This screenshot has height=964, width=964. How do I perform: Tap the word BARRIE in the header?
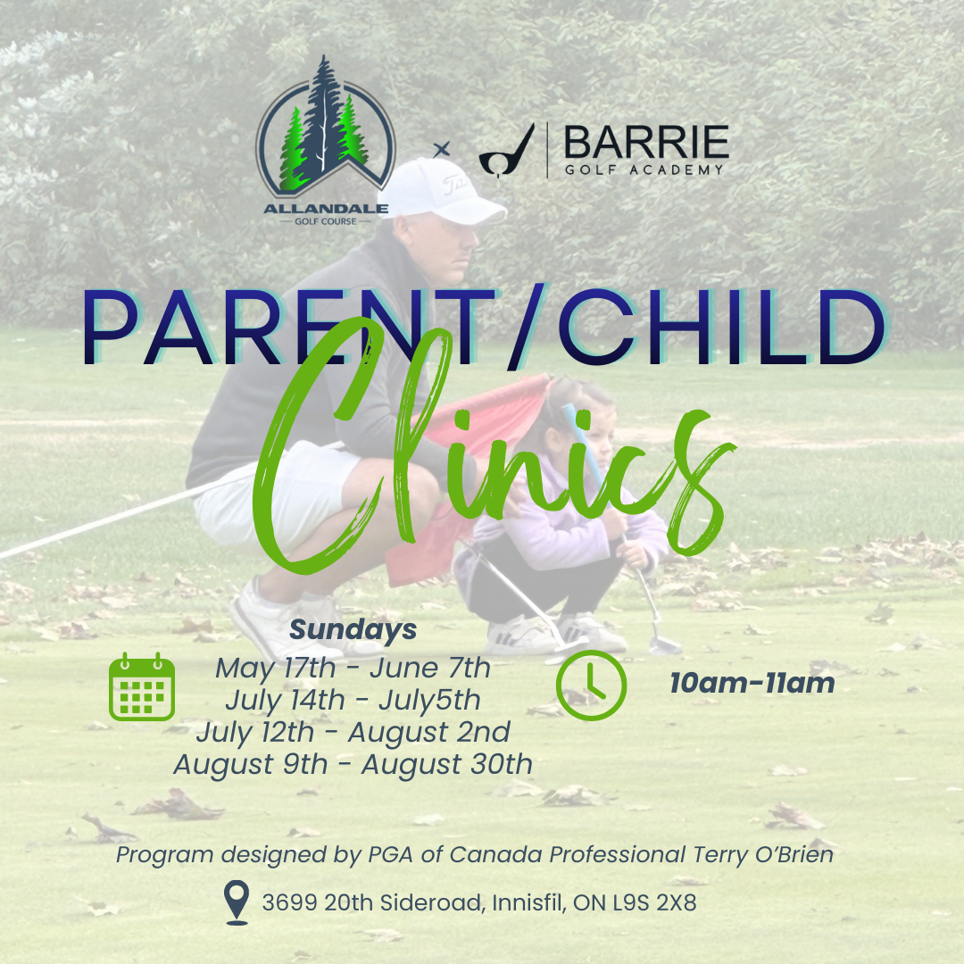coord(645,143)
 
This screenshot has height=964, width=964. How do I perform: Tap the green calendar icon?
coord(142,686)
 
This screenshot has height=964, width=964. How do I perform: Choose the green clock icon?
coord(591,686)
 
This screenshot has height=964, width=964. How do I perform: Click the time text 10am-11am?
coord(752,684)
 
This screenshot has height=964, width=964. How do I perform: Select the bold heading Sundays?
coord(353,629)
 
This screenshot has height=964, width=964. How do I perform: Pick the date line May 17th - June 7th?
coord(353,667)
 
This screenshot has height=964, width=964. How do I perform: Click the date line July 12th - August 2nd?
coord(353,732)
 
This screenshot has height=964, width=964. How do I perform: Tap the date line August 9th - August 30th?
coord(353,764)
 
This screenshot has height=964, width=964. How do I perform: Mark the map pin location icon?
coord(237,902)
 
